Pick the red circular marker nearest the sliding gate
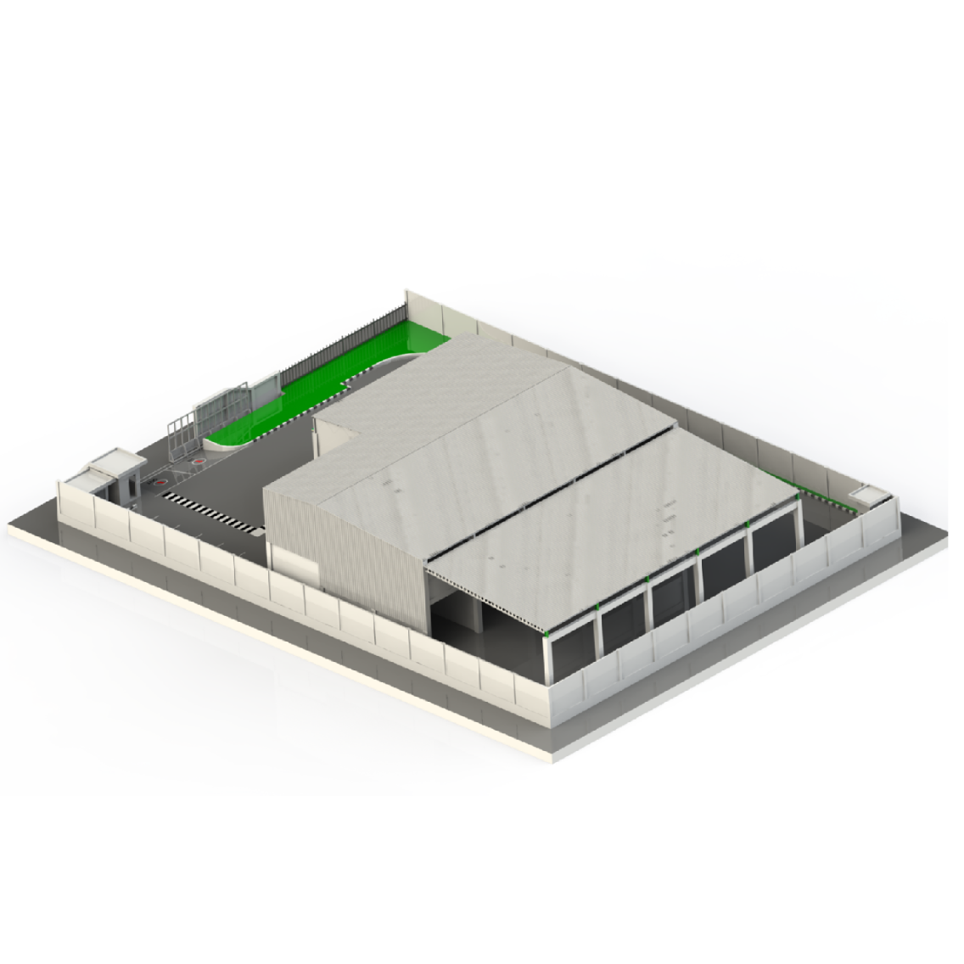click(x=198, y=462)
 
